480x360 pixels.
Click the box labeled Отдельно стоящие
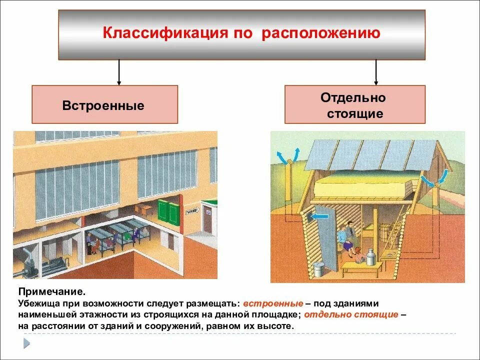355,104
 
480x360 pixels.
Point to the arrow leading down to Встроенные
119,72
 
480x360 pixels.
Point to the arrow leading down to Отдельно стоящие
376,72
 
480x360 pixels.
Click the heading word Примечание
48,291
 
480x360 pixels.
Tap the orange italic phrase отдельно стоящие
351,315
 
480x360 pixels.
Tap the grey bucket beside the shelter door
318,270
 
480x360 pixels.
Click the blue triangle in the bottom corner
26,343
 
